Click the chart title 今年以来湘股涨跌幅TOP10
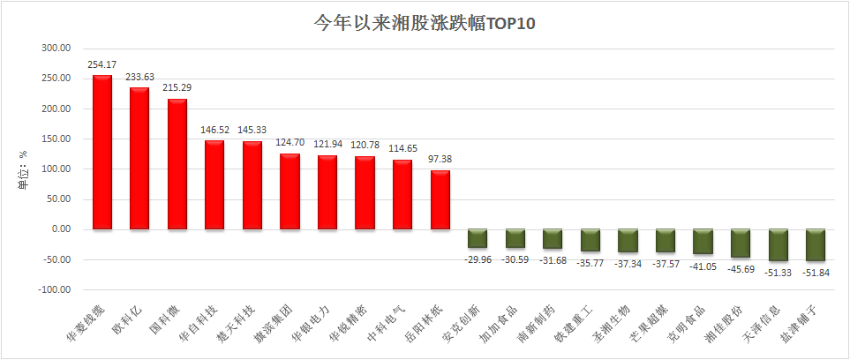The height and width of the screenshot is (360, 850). (x=425, y=24)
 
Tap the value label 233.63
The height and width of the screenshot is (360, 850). (x=139, y=76)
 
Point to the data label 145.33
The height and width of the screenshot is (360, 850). (x=252, y=129)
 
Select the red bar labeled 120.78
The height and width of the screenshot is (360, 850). (x=365, y=192)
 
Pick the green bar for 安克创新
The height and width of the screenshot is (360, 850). (x=478, y=238)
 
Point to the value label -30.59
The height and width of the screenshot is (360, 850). (x=515, y=259)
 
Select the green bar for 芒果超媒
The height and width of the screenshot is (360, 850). (x=666, y=241)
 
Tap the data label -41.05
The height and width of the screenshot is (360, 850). (x=703, y=266)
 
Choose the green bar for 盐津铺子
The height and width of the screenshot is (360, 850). (x=816, y=245)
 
